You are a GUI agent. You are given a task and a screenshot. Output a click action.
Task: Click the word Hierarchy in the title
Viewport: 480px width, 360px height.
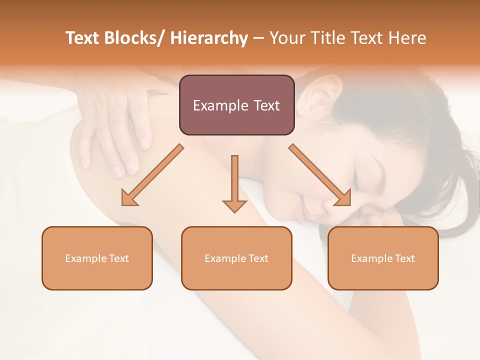(208, 38)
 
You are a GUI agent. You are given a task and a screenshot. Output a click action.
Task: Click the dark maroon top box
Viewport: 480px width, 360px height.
(236, 105)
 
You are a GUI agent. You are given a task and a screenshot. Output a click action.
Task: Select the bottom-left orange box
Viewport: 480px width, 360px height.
(97, 258)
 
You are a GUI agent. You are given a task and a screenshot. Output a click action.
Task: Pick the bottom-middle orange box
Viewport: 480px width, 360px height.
(236, 258)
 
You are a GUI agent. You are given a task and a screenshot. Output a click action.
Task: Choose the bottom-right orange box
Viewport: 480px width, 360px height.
(383, 258)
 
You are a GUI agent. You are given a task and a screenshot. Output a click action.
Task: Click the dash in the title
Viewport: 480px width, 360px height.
(258, 38)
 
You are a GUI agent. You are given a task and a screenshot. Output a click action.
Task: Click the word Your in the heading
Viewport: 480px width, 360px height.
(286, 38)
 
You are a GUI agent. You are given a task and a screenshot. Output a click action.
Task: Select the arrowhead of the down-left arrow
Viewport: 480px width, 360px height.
(129, 198)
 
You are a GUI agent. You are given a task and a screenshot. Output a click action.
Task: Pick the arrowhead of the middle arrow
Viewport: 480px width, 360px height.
(234, 205)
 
